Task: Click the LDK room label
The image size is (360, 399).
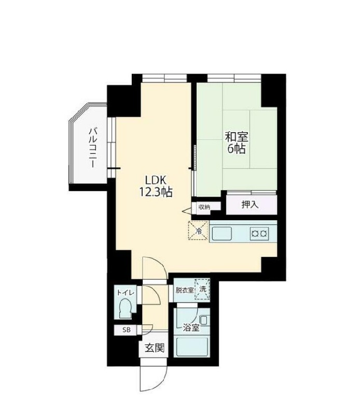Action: click(x=156, y=180)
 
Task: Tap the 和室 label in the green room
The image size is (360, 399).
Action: click(x=236, y=137)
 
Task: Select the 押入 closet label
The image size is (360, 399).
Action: click(x=250, y=205)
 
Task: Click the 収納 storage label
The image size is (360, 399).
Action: click(x=204, y=207)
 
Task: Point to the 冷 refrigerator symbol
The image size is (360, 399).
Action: click(x=199, y=231)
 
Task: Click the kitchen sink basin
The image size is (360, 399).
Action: click(x=222, y=233)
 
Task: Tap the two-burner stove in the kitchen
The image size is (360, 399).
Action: click(x=259, y=233)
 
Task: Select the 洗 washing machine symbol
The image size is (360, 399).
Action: click(x=202, y=289)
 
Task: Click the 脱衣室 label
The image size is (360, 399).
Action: click(x=185, y=290)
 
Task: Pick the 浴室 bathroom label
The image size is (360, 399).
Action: click(x=191, y=327)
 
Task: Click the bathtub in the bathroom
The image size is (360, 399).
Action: click(x=193, y=347)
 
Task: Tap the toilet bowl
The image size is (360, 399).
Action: click(x=125, y=307)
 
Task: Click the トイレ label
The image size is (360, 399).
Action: click(x=125, y=293)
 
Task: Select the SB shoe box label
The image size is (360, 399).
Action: click(x=127, y=330)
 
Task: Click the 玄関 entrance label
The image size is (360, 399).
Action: click(x=155, y=348)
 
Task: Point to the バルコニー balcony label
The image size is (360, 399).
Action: click(x=93, y=148)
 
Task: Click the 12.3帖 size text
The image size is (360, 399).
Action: click(x=156, y=192)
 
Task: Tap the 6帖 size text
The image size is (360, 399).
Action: click(x=237, y=149)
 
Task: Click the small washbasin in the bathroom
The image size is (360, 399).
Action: click(x=204, y=320)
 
